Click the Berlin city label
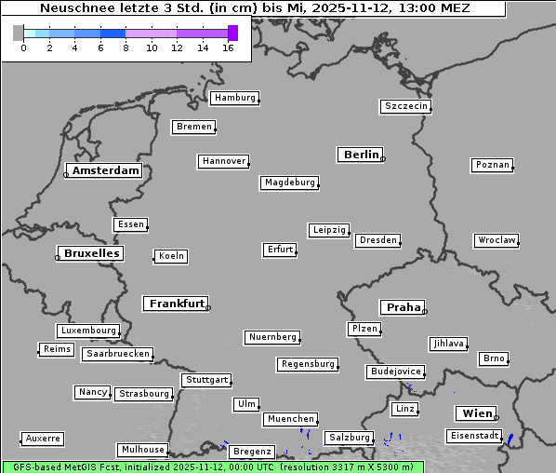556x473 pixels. pos(361,155)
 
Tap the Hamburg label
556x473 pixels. pos(233,98)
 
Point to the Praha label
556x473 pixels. pos(404,307)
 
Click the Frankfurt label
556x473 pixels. pos(177,304)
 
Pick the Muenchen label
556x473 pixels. pos(291,420)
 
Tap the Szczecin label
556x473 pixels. pos(406,106)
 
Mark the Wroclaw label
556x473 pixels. pos(496,240)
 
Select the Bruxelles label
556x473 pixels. pos(91,253)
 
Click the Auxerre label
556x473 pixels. pos(43,438)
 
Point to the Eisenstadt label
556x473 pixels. pos(472,436)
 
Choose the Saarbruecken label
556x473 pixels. pos(117,354)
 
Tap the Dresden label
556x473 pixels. pos(378,240)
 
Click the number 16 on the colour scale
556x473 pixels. pos(228,47)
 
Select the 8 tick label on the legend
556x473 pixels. pos(126,47)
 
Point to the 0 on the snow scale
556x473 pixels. pos(23,47)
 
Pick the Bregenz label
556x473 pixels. pos(252,452)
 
